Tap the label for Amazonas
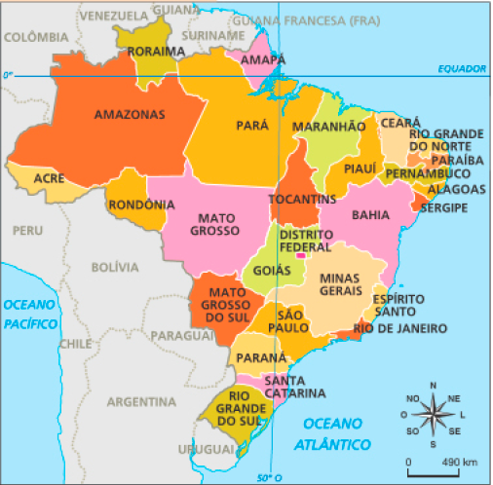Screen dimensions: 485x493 pos(130,114)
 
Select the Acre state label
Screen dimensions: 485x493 pos(49,178)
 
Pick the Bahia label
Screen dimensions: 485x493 pos(370,214)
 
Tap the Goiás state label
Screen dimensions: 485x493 pos(271,269)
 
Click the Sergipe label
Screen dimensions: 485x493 pos(445,207)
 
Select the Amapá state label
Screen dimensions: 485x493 pos(263,59)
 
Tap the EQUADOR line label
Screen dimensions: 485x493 pos(460,68)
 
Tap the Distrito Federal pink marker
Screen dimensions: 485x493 pos(315,255)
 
